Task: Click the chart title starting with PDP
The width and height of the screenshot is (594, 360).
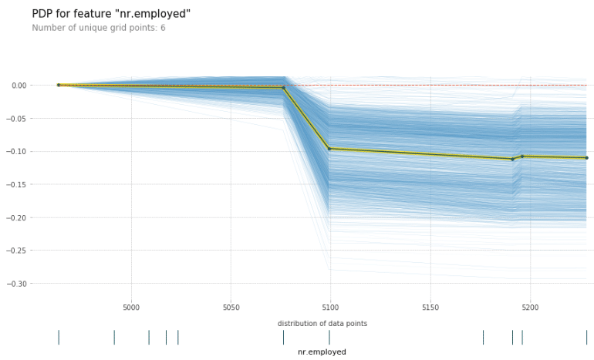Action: [111, 14]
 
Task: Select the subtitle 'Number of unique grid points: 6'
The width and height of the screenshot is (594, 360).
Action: [98, 28]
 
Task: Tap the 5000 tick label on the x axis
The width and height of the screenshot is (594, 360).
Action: [131, 307]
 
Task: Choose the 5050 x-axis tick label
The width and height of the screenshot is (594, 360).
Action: [231, 307]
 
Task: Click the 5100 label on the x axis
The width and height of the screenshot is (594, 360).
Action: [330, 307]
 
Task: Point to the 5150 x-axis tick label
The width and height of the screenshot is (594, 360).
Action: [430, 307]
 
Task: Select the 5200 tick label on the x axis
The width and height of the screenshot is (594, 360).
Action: [530, 307]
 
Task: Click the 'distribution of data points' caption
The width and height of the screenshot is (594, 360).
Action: [322, 324]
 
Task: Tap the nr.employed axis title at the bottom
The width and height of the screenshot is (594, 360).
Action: [322, 352]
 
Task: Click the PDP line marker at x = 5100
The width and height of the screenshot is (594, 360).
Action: [329, 149]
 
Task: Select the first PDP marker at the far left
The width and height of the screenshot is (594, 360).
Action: [59, 85]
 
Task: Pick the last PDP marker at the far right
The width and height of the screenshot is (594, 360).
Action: [586, 158]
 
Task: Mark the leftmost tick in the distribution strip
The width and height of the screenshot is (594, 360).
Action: [59, 337]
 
